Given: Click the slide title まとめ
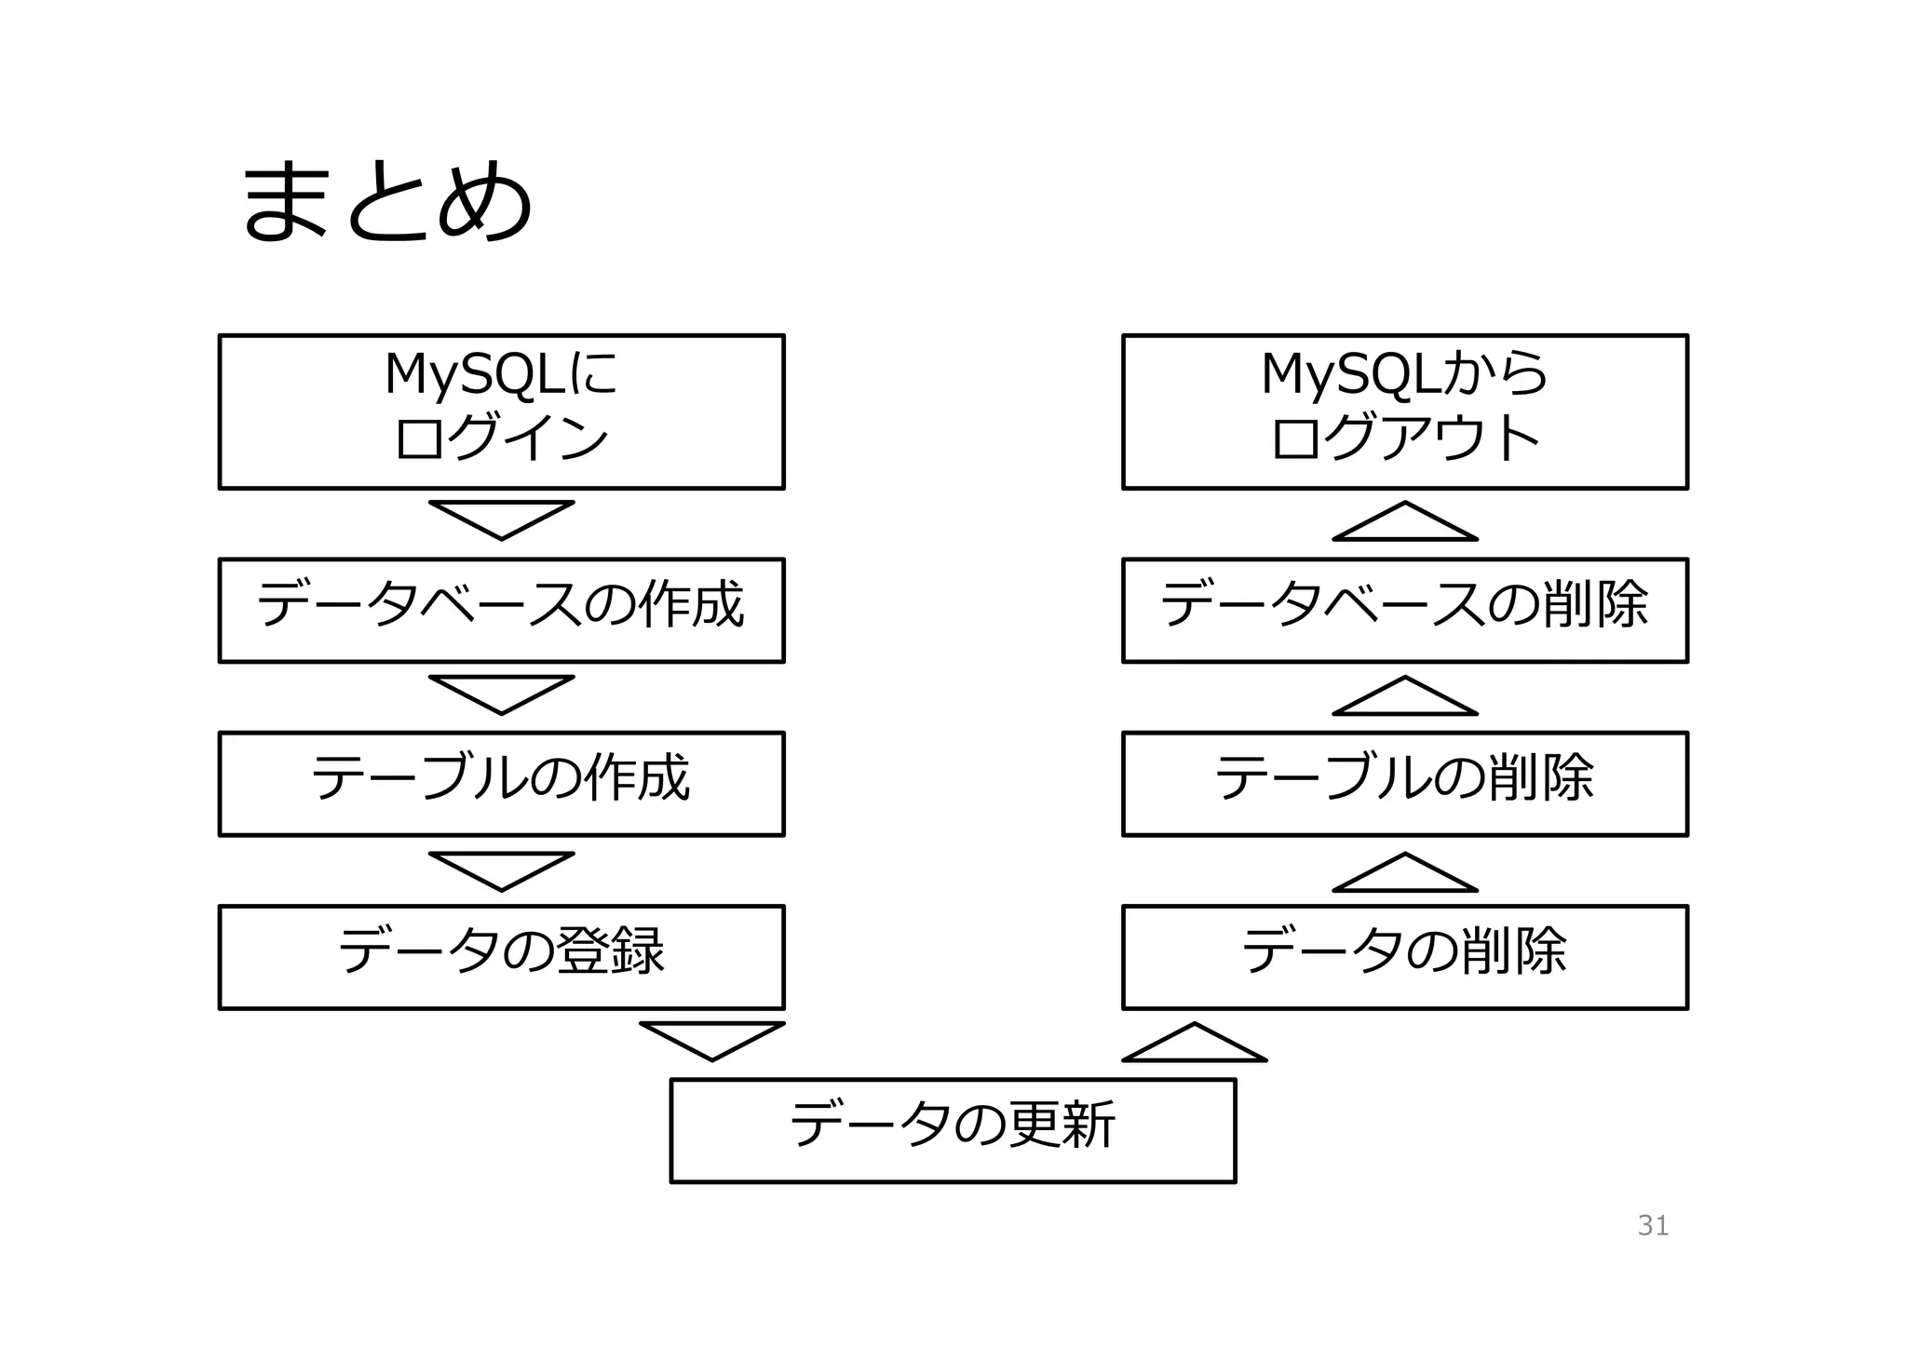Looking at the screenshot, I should (386, 201).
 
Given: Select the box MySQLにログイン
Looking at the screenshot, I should (501, 411).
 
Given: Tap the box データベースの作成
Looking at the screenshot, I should (501, 610).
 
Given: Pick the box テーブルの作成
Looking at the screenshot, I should (501, 783).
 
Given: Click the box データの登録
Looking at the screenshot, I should (501, 956).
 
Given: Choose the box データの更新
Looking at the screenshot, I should (953, 1130).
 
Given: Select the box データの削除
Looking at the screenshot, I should (1404, 956).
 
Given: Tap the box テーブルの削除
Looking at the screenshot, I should (1404, 783).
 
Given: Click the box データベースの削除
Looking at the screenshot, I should (1404, 610).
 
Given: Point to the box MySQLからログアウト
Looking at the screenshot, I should (1404, 411).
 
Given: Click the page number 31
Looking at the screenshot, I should (1653, 1225).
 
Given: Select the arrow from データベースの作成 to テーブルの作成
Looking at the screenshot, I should (501, 693).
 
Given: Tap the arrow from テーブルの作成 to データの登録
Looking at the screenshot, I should (501, 869).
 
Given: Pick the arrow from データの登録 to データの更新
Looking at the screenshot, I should (712, 1039).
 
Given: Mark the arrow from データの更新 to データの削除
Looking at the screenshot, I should (1195, 1045).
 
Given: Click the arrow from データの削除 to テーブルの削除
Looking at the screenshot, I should (1404, 875).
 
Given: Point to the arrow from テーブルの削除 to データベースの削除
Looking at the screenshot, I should (1404, 698).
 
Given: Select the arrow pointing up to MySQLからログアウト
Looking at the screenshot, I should (1404, 524).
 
